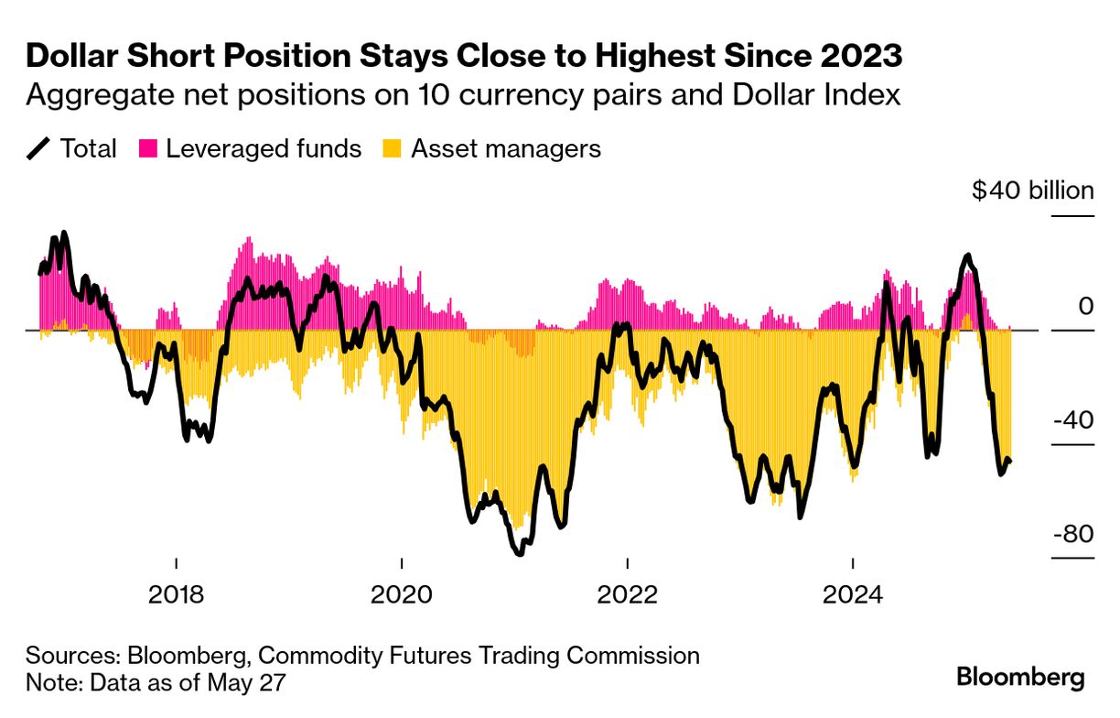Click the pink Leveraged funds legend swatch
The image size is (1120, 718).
[x=148, y=148]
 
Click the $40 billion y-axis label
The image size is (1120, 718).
[x=1032, y=190]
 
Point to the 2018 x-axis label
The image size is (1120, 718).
[x=176, y=594]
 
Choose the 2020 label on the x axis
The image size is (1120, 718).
[x=401, y=594]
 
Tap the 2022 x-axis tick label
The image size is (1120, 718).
[x=627, y=594]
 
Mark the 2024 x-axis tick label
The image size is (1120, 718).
[x=852, y=594]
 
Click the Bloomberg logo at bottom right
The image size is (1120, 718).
[x=1020, y=678]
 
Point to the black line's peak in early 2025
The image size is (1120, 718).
[x=967, y=256]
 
